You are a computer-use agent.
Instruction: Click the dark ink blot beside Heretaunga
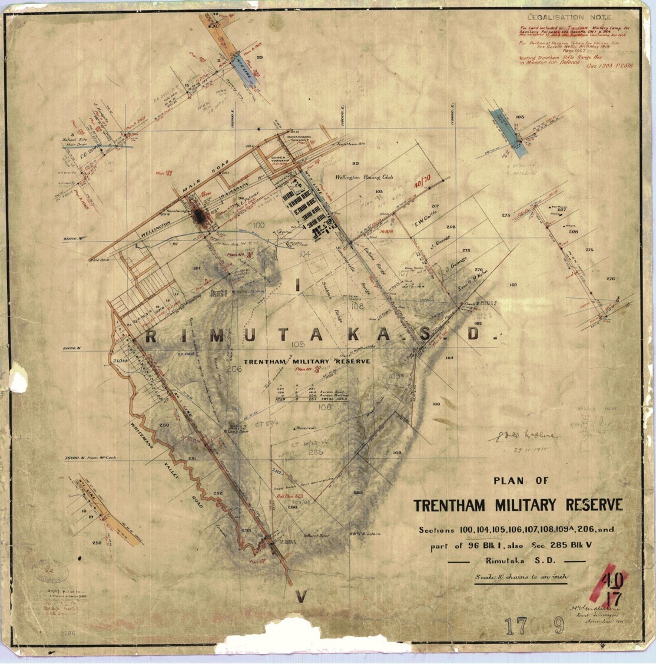201,216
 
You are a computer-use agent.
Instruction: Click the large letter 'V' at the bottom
300,597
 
